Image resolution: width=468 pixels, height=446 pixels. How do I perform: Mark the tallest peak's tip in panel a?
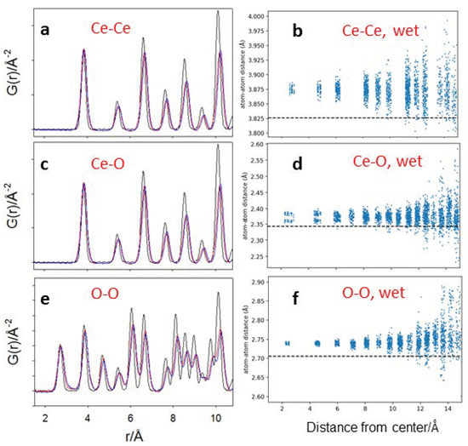pyautogui.click(x=218, y=11)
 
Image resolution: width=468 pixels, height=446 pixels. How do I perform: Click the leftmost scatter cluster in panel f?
pyautogui.click(x=288, y=343)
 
